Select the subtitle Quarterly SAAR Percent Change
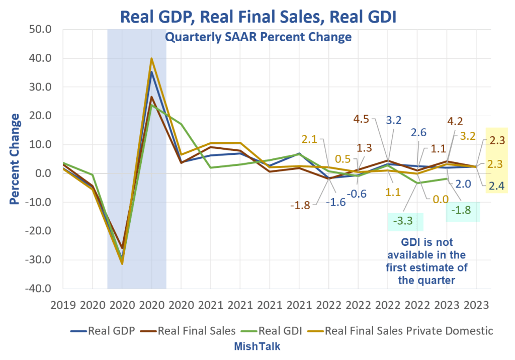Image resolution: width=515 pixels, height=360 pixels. click(x=257, y=37)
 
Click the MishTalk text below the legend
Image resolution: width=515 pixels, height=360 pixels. click(x=257, y=346)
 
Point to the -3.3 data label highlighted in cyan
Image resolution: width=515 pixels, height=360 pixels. click(x=405, y=220)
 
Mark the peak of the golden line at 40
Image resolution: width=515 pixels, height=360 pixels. click(x=151, y=58)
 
